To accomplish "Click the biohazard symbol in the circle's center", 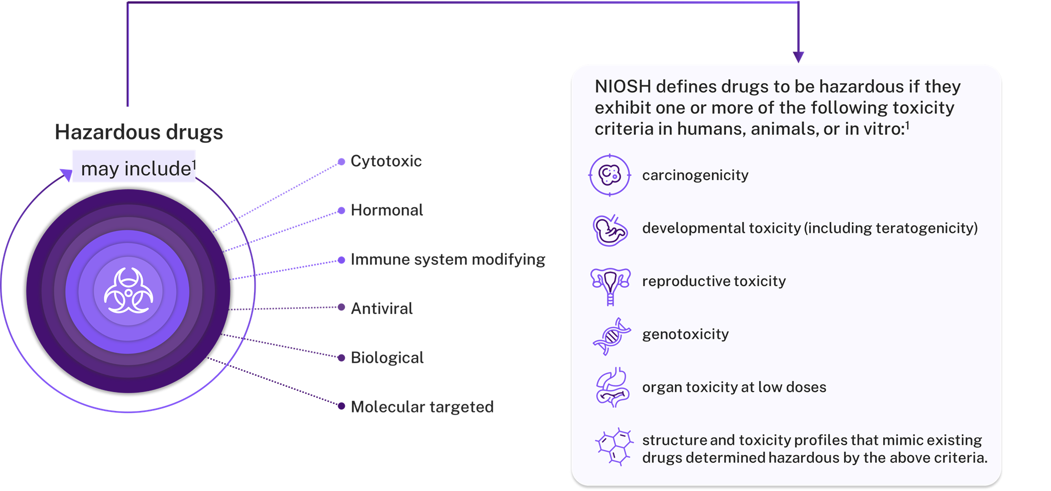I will tap(128, 291).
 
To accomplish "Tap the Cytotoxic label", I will tap(386, 161).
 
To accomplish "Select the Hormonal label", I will tap(386, 210).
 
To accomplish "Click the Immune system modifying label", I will tap(447, 260).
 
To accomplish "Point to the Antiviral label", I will tap(381, 308).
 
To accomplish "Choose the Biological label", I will tap(387, 358).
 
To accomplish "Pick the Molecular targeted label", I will tap(422, 407).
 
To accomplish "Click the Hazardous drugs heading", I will tap(139, 132).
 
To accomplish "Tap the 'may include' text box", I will tap(134, 167).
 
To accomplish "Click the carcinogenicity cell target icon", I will tap(610, 175).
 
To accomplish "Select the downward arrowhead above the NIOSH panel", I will tap(798, 56).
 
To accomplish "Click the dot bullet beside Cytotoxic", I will tap(341, 162).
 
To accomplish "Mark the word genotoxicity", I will tap(685, 335).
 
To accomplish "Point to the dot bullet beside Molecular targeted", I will tap(341, 406).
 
